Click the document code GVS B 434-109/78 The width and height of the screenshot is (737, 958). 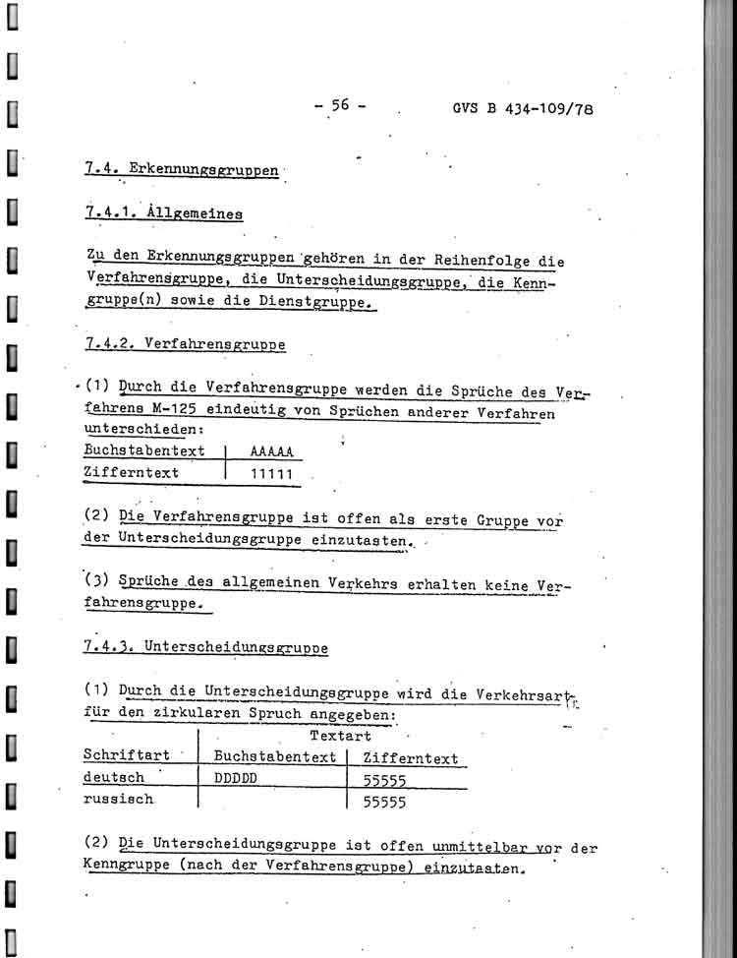tap(516, 108)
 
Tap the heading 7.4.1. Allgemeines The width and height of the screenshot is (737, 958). tap(164, 212)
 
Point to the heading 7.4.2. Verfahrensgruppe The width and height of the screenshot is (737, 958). tap(186, 344)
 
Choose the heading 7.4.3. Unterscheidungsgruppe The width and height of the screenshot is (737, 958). tap(206, 646)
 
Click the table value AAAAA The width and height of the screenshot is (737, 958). tap(270, 452)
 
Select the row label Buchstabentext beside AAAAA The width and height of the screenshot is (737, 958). tap(145, 451)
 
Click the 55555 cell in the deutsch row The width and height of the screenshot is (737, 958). tap(384, 780)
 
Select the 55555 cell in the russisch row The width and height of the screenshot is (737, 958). tap(384, 802)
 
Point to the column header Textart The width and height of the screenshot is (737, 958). tap(340, 736)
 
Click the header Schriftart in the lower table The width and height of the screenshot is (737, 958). tap(126, 755)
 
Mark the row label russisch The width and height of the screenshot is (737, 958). tap(118, 800)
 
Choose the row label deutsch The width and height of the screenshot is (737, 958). tap(114, 778)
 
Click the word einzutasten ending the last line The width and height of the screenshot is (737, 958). tap(476, 869)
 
